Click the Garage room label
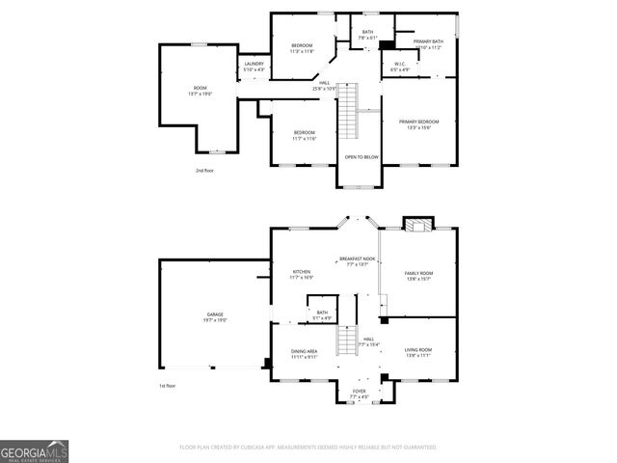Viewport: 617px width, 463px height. (215, 315)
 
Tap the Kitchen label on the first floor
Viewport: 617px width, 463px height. (302, 273)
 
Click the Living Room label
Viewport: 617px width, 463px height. (417, 350)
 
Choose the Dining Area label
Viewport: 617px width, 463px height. (304, 352)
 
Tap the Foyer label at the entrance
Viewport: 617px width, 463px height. (359, 391)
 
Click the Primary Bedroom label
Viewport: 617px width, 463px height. (418, 123)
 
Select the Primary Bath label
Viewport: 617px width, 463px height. (428, 42)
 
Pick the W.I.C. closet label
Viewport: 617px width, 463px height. (400, 68)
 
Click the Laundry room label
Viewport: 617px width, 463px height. (253, 64)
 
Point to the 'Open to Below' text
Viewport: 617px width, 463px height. (362, 155)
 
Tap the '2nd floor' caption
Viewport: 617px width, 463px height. (204, 169)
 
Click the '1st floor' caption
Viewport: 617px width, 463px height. (168, 386)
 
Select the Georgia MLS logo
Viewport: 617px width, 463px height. (34, 450)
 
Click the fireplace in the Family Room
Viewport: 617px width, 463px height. (417, 225)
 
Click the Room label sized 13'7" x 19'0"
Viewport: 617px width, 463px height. (201, 91)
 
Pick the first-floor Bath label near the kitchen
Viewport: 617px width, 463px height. (322, 313)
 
